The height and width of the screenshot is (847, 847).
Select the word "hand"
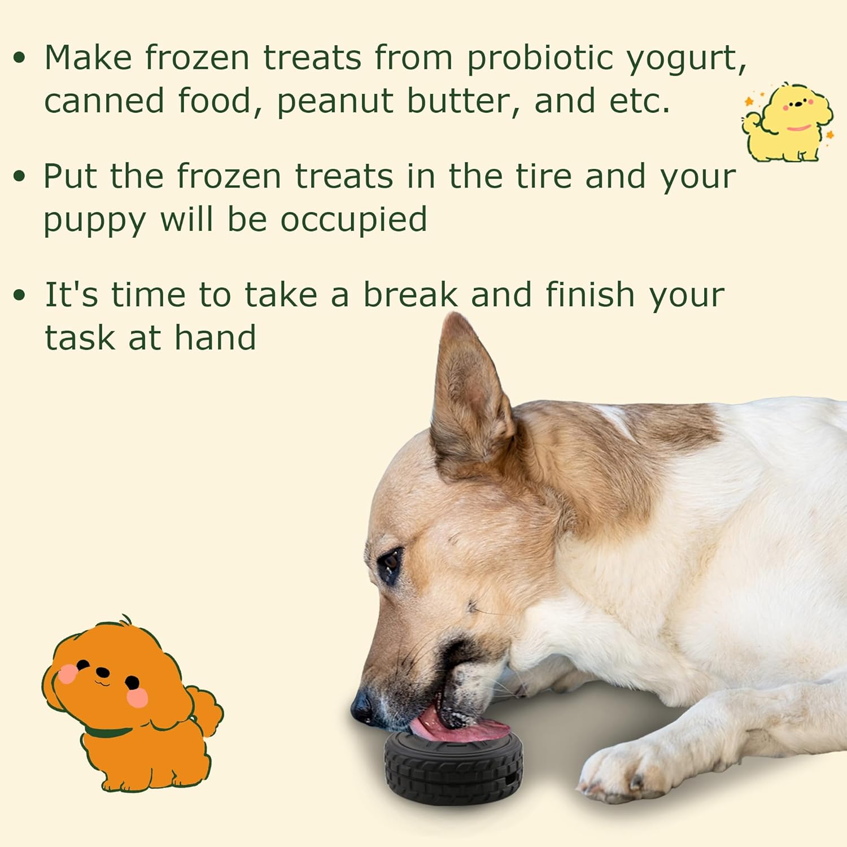click(215, 339)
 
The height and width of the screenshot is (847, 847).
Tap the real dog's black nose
click(361, 706)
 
